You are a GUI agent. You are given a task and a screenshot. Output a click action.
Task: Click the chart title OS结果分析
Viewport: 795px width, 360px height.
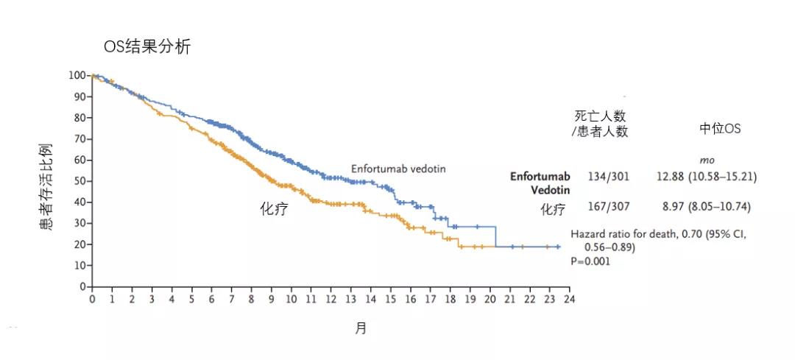click(147, 47)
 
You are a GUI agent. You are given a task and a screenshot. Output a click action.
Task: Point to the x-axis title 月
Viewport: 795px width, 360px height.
click(361, 328)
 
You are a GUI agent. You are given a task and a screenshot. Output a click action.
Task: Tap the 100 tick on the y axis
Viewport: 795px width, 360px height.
click(77, 75)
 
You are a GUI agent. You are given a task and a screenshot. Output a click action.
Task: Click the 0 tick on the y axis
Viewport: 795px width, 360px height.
click(82, 286)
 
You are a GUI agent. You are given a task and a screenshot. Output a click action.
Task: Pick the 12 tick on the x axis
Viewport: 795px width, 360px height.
click(331, 300)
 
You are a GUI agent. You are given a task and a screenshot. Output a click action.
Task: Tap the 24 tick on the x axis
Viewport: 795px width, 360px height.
click(569, 300)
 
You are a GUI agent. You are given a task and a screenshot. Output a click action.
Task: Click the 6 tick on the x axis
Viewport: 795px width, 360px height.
click(211, 300)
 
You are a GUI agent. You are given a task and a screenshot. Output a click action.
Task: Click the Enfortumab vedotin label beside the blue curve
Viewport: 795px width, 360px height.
click(397, 169)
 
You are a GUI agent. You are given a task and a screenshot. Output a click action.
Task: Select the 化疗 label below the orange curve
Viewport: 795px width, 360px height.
click(274, 209)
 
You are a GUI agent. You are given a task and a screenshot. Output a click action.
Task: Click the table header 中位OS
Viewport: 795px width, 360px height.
click(720, 129)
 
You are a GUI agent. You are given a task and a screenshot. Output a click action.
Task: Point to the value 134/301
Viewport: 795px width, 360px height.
click(608, 177)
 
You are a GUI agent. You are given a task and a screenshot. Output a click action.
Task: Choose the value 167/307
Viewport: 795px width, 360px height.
click(608, 208)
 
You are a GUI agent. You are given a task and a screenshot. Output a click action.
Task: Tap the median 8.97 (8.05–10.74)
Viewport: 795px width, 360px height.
click(703, 208)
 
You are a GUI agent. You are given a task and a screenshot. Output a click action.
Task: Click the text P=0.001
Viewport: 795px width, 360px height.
click(590, 261)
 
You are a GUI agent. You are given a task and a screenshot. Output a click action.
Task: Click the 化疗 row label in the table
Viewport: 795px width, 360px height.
click(554, 210)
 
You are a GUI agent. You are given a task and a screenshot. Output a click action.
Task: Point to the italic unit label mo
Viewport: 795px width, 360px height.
click(707, 160)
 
